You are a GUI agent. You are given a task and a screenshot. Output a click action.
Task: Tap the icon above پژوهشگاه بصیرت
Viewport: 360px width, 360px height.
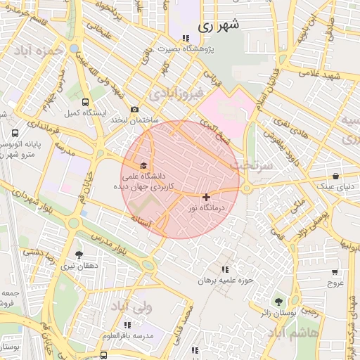click(x=186, y=39)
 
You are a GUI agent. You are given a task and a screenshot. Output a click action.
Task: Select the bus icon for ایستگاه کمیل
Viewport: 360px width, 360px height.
click(x=85, y=101)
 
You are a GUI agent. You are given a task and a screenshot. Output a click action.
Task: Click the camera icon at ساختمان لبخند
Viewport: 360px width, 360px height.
click(x=134, y=110)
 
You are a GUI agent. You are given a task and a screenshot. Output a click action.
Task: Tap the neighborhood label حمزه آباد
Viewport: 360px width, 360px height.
click(x=42, y=51)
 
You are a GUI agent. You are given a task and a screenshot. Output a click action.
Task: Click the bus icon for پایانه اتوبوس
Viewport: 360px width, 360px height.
click(x=15, y=133)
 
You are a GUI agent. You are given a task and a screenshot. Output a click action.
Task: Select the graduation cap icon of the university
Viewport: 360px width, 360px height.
click(x=144, y=165)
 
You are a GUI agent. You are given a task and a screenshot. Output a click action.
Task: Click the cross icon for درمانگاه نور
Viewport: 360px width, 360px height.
click(x=205, y=198)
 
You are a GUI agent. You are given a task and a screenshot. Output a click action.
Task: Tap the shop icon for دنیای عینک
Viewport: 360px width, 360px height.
click(x=335, y=176)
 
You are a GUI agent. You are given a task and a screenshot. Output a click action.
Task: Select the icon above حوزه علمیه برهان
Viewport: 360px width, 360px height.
click(x=224, y=270)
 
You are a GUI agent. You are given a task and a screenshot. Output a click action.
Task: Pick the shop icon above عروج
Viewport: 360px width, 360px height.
click(x=334, y=272)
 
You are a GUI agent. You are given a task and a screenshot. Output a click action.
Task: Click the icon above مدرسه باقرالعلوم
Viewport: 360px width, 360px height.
click(x=127, y=325)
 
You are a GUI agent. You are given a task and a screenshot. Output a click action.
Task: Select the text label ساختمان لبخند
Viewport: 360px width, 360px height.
click(x=134, y=121)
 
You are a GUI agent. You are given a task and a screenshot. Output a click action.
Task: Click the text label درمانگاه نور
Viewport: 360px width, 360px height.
click(x=205, y=209)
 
